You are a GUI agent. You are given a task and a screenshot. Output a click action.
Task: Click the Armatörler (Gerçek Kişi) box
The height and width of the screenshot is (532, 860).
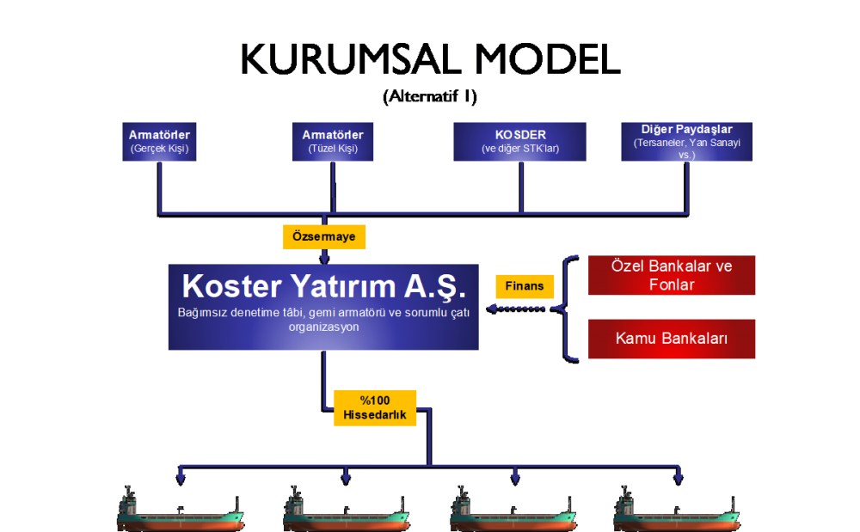pos(160,142)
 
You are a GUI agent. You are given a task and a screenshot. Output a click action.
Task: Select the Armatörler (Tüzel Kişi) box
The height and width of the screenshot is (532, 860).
pos(333,142)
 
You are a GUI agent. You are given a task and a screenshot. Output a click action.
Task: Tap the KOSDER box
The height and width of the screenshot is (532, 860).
pos(520,142)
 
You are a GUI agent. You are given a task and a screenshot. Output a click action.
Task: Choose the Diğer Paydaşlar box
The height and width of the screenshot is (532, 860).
pos(686,142)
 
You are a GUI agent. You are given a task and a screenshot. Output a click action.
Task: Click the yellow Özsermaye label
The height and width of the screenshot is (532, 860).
pos(324,236)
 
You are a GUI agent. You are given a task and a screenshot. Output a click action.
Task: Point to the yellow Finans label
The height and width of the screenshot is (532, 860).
pos(525,286)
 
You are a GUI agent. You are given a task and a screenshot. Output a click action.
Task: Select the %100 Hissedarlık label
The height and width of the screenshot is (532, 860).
pos(375,408)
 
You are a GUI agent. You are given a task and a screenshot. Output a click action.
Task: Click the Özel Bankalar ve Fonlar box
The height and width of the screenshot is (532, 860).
pos(672,275)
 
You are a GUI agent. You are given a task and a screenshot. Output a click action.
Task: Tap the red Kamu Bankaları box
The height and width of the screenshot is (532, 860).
pos(672,339)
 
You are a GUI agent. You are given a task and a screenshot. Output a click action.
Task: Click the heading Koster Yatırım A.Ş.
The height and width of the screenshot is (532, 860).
pos(323,286)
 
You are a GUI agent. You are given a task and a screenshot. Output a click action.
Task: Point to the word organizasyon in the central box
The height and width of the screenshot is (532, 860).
pos(323,327)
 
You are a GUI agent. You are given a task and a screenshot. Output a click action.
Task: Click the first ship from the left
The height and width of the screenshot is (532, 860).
pos(181,511)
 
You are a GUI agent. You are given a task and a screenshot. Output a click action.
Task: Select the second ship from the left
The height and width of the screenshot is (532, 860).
pos(347,511)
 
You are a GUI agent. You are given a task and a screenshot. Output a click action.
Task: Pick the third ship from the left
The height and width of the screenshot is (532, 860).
pos(513,511)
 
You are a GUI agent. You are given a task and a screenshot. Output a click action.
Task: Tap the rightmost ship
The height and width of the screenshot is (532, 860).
pos(677,511)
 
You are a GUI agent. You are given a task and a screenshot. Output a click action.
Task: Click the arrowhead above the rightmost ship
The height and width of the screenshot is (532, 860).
pos(679,477)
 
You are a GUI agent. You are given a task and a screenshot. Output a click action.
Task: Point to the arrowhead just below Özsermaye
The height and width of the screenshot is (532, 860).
pos(324,257)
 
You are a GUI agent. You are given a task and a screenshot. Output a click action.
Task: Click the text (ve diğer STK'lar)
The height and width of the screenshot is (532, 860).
pos(520,149)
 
